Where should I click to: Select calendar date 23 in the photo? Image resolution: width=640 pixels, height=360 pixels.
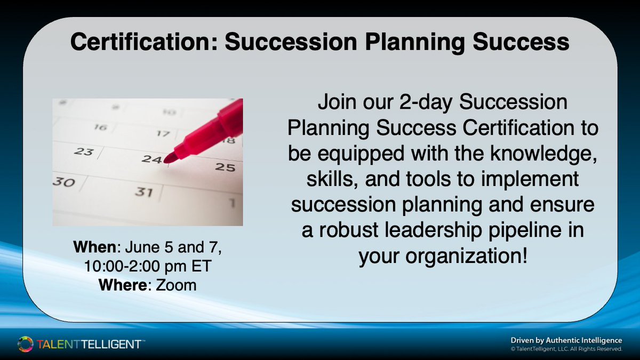click(83, 151)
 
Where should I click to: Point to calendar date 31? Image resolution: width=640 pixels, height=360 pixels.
click(144, 191)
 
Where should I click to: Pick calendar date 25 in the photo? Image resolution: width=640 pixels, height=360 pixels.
click(225, 167)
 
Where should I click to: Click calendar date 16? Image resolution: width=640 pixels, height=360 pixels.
click(100, 127)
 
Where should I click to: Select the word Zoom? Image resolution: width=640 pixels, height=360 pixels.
click(176, 285)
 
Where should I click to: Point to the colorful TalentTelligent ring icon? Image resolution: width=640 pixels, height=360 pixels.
click(25, 344)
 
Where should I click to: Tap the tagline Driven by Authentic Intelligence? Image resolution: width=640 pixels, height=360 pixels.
click(566, 340)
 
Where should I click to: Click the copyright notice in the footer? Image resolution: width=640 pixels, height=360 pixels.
click(566, 349)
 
